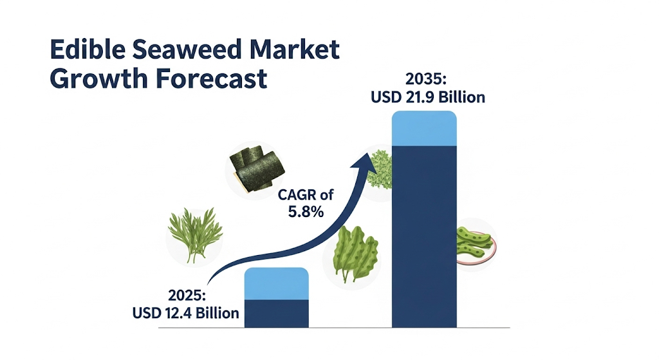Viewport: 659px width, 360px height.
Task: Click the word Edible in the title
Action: [x=88, y=49]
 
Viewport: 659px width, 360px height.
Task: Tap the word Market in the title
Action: [x=295, y=49]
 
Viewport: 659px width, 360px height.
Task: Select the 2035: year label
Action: [x=425, y=79]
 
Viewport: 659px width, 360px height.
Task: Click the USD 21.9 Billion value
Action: [x=428, y=97]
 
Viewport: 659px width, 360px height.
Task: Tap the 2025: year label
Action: [x=187, y=295]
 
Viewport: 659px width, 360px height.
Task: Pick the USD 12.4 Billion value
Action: [x=186, y=313]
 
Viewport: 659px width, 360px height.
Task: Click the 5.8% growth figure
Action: [x=306, y=211]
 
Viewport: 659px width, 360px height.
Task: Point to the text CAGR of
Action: [x=306, y=194]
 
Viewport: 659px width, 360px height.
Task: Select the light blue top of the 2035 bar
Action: [x=424, y=128]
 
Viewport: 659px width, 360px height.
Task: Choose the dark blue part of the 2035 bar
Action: [x=424, y=236]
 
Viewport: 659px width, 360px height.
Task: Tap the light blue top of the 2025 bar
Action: [x=277, y=284]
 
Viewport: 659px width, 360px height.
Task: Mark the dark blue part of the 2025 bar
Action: [x=277, y=314]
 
